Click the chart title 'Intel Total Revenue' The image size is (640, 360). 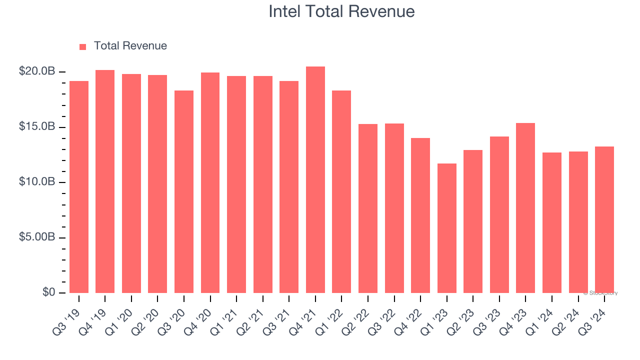341,11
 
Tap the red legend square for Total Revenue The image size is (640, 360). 83,46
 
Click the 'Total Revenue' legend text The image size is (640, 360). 130,46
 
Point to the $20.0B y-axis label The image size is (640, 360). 37,71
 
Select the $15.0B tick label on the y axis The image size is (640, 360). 37,127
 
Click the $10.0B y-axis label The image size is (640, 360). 37,182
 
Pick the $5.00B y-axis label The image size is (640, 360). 37,237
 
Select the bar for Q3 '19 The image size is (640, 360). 79,187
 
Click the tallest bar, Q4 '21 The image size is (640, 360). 315,180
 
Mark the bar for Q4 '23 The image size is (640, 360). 525,208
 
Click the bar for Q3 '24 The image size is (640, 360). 604,220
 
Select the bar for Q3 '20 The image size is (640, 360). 184,192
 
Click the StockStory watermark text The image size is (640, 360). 600,293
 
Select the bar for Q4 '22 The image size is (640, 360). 420,215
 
